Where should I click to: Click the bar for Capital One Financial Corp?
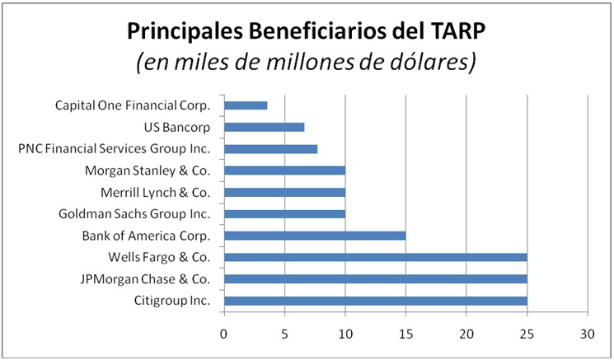246,105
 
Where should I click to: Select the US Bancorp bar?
264,127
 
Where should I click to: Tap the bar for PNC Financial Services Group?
270,149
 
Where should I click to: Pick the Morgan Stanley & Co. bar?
284,171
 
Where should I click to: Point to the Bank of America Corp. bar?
315,236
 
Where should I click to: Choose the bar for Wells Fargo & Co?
375,257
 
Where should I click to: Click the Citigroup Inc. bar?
375,301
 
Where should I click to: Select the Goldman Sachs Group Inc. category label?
134,214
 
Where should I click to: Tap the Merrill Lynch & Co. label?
156,193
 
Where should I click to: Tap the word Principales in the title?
183,33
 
